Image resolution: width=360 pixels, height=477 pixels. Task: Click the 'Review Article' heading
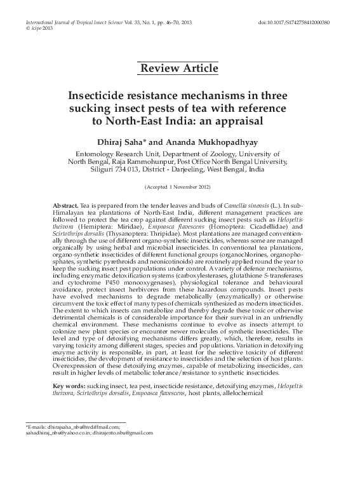179,68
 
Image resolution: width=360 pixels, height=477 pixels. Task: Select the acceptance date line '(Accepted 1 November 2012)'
179,189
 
